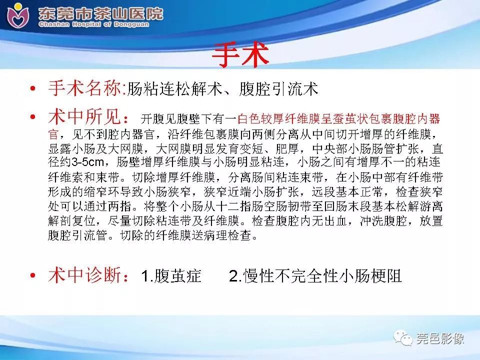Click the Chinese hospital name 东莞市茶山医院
pos(100,12)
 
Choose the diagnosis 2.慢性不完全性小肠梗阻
pos(315,276)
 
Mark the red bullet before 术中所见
pos(33,118)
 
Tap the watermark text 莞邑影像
pos(440,338)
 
